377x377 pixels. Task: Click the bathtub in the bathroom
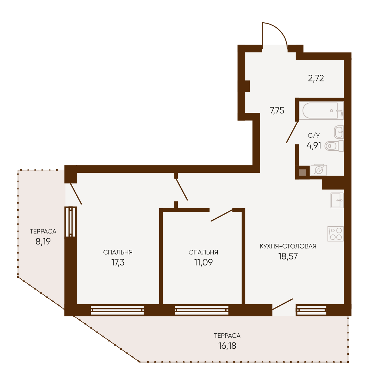click(x=321, y=111)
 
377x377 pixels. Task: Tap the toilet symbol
click(x=334, y=146)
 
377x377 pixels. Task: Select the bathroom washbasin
click(x=339, y=132)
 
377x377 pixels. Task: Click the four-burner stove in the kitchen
click(x=336, y=234)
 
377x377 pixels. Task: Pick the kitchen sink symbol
click(x=337, y=200)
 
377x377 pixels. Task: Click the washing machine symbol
click(x=319, y=170)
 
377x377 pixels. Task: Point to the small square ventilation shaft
click(x=303, y=172)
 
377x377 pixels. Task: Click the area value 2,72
click(x=316, y=78)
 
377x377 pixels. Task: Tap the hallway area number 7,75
click(x=277, y=111)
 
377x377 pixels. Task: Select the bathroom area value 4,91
click(x=314, y=146)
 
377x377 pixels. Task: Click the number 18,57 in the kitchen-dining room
click(x=288, y=256)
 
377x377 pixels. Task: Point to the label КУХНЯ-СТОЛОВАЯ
click(x=288, y=246)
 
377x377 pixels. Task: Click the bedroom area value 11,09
click(x=204, y=262)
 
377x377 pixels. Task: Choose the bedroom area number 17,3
click(x=118, y=262)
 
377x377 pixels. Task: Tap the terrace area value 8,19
click(x=43, y=242)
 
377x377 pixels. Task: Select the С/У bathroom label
click(x=314, y=135)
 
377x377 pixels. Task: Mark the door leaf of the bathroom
click(x=292, y=132)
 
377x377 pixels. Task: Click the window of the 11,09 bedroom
click(x=201, y=310)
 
